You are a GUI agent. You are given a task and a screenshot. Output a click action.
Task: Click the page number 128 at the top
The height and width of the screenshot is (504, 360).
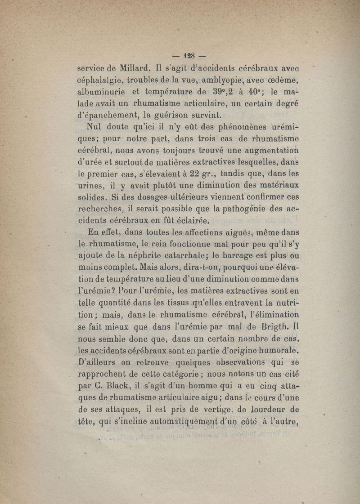tap(189, 56)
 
